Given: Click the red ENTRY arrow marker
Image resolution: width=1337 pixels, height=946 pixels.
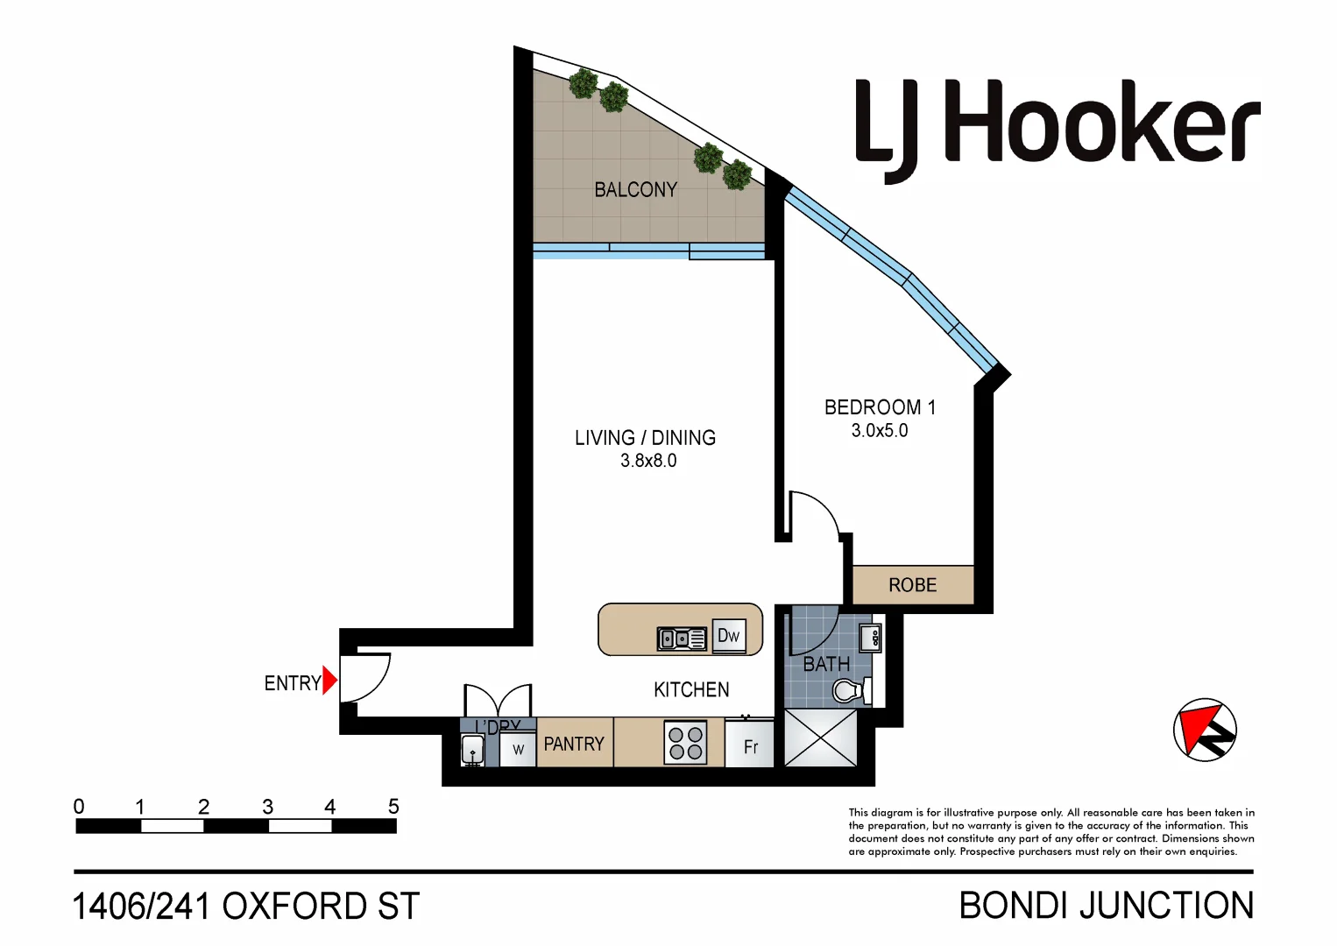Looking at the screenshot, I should (329, 681).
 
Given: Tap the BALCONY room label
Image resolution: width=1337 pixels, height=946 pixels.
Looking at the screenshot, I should (635, 189).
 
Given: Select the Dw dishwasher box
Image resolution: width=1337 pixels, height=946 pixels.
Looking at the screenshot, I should (728, 636).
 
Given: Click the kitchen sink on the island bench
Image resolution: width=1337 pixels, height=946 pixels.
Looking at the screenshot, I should (682, 639).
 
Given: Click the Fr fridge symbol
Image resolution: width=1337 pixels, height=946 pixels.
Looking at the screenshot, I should (750, 746).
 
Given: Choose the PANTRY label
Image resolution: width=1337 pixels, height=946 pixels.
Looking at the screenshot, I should (574, 744).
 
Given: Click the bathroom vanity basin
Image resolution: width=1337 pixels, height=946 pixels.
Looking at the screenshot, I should (870, 638).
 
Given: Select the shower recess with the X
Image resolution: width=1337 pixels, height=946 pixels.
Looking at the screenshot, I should (820, 738).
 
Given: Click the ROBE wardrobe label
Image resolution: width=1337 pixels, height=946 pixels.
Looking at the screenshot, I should (912, 585).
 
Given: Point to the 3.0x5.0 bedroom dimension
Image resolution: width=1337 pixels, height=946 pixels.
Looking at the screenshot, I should (880, 431).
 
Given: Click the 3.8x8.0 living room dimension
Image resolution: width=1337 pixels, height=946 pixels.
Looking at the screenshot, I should (648, 461).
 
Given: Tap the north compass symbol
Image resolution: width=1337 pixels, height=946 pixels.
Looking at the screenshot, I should (1205, 730).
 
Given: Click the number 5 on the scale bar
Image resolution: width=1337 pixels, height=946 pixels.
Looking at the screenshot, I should (393, 806).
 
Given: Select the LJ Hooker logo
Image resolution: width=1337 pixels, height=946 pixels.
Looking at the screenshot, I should (1057, 127).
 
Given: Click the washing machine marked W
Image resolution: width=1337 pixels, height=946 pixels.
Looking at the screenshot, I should (518, 749).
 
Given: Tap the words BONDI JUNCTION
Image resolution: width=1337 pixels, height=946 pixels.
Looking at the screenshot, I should (1107, 906).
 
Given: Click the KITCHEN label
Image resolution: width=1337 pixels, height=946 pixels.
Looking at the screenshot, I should (691, 690).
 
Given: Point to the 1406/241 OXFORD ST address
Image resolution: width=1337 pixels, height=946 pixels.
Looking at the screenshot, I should (246, 907).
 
